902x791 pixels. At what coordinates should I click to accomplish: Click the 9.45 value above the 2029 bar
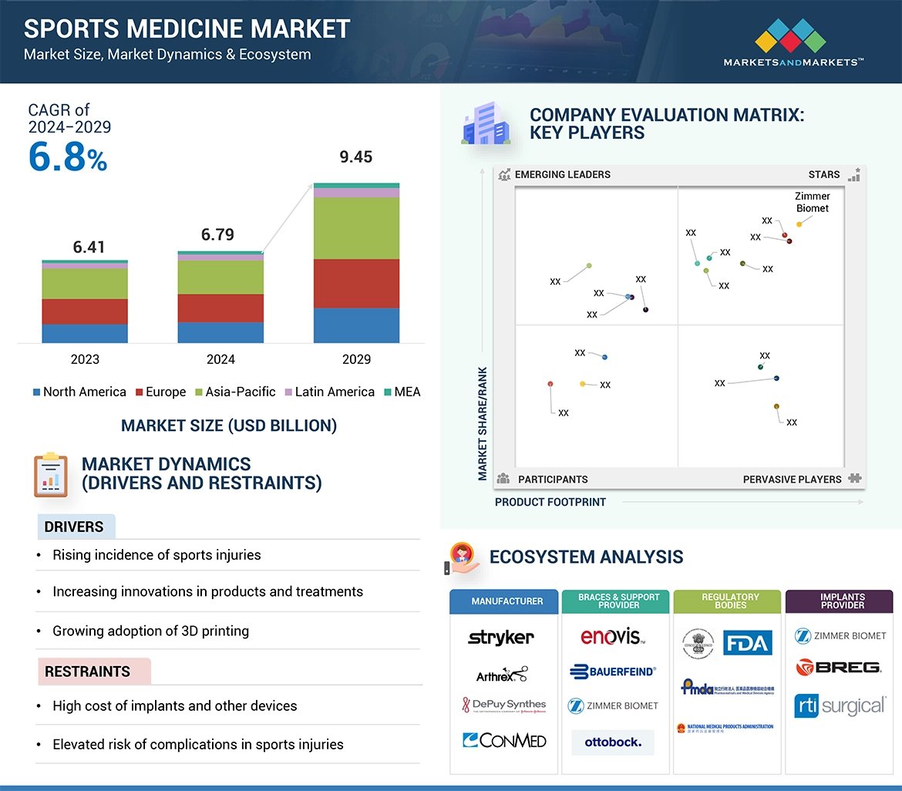(x=355, y=157)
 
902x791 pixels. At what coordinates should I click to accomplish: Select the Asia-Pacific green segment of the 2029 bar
(x=356, y=228)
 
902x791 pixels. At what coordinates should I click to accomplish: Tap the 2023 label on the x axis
(x=85, y=359)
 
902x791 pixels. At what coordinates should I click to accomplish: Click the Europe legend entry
(x=160, y=392)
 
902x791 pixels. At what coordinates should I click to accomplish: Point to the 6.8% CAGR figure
(x=68, y=157)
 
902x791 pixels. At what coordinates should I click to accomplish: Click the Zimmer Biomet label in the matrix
(x=812, y=202)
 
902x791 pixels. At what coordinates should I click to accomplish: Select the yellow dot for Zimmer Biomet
(x=799, y=224)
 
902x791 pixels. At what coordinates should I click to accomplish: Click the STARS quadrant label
(x=824, y=175)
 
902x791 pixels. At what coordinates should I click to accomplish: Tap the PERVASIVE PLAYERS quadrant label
(x=792, y=480)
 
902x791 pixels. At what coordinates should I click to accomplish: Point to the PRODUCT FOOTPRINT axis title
(x=550, y=503)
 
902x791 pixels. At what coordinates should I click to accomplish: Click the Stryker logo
(x=501, y=638)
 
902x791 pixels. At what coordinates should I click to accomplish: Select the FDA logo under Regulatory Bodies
(x=747, y=642)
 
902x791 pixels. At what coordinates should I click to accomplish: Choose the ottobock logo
(x=612, y=742)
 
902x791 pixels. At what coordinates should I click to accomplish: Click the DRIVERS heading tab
(x=75, y=527)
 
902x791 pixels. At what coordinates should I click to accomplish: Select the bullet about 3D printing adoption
(x=150, y=631)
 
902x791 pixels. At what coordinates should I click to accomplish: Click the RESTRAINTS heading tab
(x=88, y=672)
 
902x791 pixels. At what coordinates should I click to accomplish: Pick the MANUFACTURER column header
(x=507, y=601)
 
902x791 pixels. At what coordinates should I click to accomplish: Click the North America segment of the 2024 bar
(x=220, y=332)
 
